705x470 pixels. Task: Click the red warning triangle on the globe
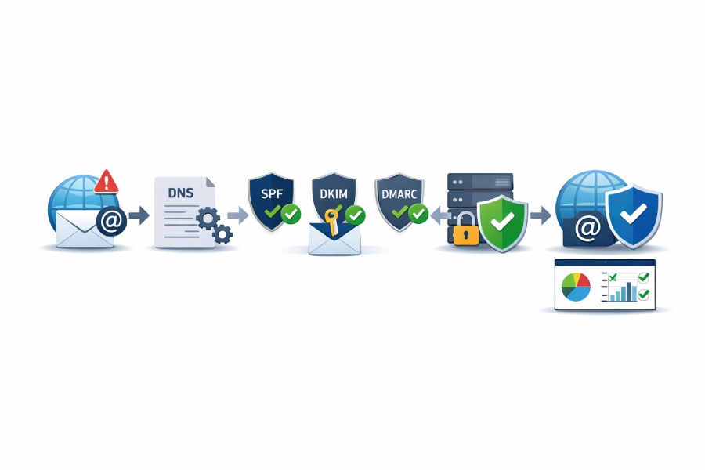pyautogui.click(x=106, y=183)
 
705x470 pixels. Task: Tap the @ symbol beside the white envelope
pyautogui.click(x=111, y=221)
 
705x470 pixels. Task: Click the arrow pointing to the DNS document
pyautogui.click(x=139, y=215)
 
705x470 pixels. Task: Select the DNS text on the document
pyautogui.click(x=181, y=193)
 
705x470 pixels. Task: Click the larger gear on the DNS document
pyautogui.click(x=208, y=219)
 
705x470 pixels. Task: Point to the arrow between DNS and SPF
pyautogui.click(x=238, y=215)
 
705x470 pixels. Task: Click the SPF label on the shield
pyautogui.click(x=272, y=193)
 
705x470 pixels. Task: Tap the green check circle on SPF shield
pyautogui.click(x=291, y=214)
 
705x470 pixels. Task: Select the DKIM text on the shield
pyautogui.click(x=334, y=193)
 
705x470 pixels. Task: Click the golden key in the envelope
pyautogui.click(x=332, y=221)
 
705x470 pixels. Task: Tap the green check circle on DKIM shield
pyautogui.click(x=355, y=215)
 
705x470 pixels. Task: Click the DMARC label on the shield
pyautogui.click(x=399, y=194)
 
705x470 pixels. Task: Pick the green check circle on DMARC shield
pyautogui.click(x=418, y=213)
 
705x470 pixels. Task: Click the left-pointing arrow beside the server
pyautogui.click(x=440, y=215)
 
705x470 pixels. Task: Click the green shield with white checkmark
pyautogui.click(x=502, y=223)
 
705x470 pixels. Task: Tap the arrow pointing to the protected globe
pyautogui.click(x=540, y=215)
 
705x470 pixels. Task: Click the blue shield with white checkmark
pyautogui.click(x=634, y=215)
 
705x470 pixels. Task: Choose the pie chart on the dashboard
pyautogui.click(x=576, y=287)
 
